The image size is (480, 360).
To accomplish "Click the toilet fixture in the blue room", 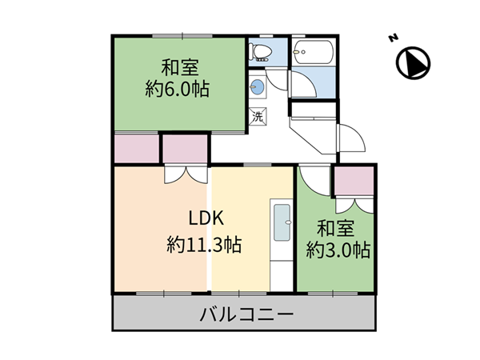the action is [260, 52].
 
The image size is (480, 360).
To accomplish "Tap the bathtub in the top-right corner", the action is [313, 52].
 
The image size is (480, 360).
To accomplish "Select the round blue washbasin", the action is [257, 87].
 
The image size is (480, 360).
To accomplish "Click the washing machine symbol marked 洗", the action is [258, 116].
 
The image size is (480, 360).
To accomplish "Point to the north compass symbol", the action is [414, 63].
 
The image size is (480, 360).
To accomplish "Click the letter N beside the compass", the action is [393, 38].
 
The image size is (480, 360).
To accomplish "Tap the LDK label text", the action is [206, 218].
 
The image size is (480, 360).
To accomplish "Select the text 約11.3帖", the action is [204, 245].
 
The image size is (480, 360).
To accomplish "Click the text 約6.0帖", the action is [178, 89].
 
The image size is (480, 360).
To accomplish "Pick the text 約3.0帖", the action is [338, 250].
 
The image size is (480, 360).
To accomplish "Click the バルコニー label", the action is [246, 314].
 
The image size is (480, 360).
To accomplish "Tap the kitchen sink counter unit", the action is [282, 245].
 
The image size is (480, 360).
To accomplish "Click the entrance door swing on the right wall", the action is [351, 138].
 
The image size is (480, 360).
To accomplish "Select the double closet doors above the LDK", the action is [186, 175].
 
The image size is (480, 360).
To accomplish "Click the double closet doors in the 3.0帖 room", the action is [354, 206].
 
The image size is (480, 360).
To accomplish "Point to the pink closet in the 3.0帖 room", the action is [354, 181].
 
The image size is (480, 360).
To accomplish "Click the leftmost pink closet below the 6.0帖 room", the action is [137, 149].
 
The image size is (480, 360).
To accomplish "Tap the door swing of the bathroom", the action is [304, 84].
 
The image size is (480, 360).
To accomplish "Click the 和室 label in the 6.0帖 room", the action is [180, 68].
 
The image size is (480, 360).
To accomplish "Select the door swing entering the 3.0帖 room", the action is [314, 182].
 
